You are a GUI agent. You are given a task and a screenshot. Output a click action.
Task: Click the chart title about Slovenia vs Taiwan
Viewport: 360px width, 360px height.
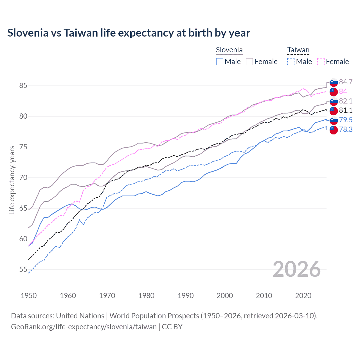pos(129,33)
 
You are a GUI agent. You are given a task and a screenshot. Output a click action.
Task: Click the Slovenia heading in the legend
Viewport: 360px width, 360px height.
pos(229,50)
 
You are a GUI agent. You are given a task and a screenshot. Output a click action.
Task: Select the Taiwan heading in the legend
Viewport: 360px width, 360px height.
pos(298,50)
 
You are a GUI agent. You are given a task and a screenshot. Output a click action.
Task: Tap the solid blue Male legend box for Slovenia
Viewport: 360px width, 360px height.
pos(220,62)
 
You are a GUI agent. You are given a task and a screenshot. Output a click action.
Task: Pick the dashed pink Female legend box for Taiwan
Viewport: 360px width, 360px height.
pos(321,62)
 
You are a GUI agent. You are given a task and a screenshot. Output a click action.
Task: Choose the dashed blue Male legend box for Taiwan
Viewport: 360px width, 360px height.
pos(291,62)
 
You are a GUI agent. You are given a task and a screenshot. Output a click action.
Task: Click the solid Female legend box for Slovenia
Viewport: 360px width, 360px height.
pos(249,62)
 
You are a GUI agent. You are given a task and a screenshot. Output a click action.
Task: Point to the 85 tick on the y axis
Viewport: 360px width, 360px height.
pos(23,85)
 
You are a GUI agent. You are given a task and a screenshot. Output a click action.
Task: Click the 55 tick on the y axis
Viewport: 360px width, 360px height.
pos(23,270)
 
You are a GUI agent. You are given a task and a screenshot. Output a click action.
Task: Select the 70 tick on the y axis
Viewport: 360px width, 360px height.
pos(23,177)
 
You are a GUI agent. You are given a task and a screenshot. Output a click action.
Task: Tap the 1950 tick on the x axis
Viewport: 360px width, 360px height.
pos(29,296)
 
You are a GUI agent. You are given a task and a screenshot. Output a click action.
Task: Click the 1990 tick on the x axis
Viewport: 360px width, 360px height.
pos(186,296)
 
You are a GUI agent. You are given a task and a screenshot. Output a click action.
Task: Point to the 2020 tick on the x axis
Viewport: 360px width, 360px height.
pos(303,296)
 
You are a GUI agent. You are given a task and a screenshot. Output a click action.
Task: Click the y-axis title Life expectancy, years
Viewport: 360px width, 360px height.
pos(12,180)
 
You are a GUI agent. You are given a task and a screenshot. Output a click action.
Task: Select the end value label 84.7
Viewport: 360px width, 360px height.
pos(346,82)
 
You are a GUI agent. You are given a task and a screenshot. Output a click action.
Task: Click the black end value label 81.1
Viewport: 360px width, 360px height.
pos(346,110)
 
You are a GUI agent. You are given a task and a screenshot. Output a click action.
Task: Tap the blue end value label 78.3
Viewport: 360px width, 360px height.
pos(346,129)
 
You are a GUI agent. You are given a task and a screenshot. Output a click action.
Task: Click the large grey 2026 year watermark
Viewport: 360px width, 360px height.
pos(297,269)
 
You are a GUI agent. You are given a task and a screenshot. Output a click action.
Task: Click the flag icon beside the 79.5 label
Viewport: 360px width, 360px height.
pos(334,120)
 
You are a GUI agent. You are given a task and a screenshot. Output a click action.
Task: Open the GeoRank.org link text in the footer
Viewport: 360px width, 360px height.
pos(84,327)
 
